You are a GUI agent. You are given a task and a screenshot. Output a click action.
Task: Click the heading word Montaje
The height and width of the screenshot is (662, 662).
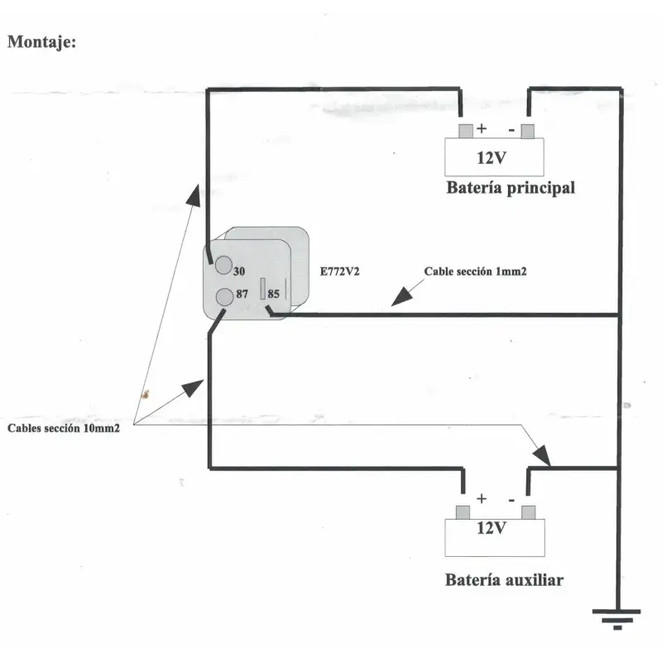41,41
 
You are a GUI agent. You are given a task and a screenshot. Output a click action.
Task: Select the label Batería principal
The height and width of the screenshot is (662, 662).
511,188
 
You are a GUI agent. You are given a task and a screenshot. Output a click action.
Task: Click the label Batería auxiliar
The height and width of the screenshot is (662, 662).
504,580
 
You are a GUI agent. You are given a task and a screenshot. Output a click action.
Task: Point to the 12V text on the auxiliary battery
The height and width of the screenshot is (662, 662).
491,528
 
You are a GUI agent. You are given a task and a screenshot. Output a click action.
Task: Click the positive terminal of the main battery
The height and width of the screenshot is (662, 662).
465,130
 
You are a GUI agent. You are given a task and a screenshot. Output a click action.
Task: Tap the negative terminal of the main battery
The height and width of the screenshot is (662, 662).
528,130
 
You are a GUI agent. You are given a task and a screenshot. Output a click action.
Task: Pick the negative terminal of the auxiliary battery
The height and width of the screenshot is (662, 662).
528,511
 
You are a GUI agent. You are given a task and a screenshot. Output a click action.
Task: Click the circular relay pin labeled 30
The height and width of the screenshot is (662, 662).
223,266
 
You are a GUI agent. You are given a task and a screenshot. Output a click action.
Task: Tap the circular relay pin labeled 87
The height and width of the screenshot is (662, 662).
223,296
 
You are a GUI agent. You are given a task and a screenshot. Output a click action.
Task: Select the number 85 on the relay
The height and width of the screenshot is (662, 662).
275,292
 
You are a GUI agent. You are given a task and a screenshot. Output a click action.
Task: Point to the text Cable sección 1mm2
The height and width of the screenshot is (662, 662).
475,271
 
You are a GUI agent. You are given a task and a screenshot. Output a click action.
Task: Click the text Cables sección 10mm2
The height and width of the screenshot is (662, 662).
64,429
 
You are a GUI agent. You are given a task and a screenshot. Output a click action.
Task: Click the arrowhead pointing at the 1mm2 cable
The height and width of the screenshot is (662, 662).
400,299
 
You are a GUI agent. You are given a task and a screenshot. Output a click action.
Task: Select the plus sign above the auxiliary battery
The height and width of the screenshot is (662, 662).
482,499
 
